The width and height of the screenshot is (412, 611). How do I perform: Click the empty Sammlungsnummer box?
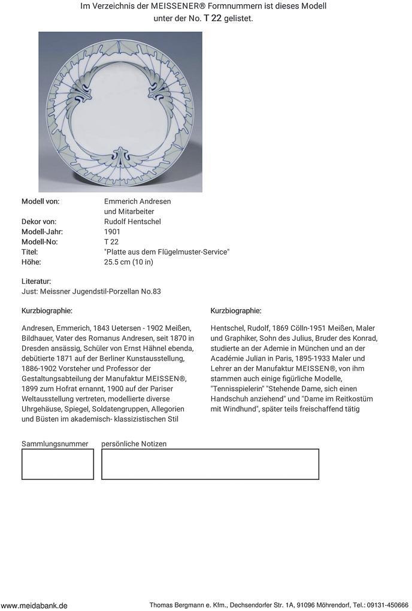57,464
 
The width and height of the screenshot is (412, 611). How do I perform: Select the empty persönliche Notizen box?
210,464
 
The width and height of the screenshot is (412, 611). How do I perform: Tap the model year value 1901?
112,232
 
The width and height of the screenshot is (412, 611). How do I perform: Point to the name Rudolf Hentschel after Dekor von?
132,222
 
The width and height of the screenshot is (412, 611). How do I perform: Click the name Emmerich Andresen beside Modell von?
137,201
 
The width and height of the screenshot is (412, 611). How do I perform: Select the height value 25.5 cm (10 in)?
129,262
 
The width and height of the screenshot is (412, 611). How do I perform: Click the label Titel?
30,252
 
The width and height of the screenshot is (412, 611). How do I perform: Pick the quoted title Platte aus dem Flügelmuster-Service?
166,252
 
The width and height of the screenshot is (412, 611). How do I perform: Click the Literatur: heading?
37,282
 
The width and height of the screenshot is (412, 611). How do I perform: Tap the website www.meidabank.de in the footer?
34,606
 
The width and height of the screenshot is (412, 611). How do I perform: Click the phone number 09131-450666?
388,606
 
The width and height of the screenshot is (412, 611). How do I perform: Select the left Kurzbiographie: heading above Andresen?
47,311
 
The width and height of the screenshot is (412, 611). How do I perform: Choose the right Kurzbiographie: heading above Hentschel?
236,311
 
